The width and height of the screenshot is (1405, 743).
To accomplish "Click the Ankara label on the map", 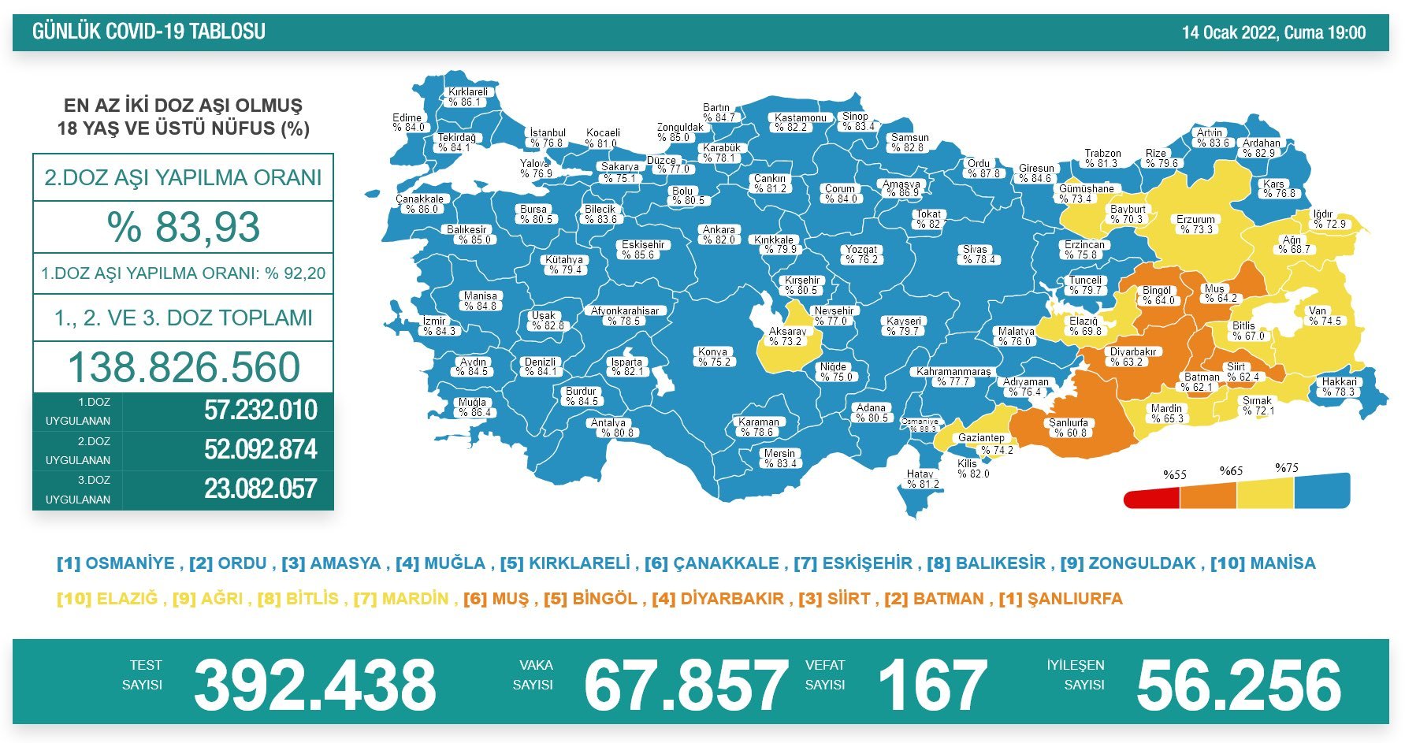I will click(x=719, y=235).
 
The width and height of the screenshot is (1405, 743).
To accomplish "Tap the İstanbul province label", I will click(x=547, y=138).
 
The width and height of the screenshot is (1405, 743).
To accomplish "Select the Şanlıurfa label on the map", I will click(x=1068, y=428).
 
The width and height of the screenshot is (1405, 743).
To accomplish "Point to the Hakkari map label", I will click(x=1339, y=387).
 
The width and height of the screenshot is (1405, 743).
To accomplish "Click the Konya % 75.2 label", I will click(x=713, y=357).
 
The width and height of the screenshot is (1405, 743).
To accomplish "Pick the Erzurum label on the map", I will click(x=1195, y=225).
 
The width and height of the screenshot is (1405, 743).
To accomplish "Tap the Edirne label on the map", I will click(x=407, y=122).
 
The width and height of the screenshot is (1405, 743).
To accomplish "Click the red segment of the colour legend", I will click(x=1151, y=498).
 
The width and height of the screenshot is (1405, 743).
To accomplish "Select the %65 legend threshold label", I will click(x=1231, y=471).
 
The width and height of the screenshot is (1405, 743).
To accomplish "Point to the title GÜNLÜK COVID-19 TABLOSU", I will click(x=149, y=32).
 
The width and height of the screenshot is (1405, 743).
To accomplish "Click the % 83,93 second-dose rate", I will click(x=183, y=227).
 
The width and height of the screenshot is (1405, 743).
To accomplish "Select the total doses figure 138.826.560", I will click(x=184, y=367).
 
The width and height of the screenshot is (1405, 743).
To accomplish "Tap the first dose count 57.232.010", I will click(x=260, y=411).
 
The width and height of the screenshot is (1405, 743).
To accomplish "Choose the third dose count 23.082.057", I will click(x=260, y=489).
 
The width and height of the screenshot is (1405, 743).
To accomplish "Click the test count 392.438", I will click(x=314, y=684).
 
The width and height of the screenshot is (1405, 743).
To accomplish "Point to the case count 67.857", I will click(x=685, y=684).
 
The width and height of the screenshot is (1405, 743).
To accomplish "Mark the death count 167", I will click(x=932, y=684).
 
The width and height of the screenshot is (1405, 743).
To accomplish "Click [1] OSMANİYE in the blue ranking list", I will click(x=116, y=563).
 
